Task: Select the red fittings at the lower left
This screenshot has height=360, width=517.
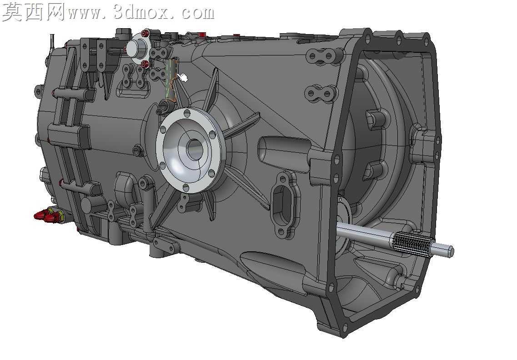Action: [46, 215]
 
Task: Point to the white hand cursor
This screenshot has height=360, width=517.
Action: [182, 78]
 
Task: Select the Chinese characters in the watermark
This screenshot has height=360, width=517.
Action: [33, 12]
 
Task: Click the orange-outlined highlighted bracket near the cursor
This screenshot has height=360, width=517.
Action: [171, 80]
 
